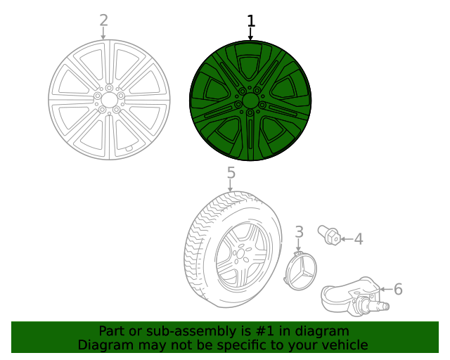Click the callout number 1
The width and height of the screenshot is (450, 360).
(251, 22)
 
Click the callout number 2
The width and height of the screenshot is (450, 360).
(103, 20)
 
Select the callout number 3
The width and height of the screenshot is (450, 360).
(299, 232)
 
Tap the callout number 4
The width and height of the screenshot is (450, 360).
(358, 239)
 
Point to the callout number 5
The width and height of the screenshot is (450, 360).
(231, 173)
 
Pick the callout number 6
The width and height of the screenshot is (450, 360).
(398, 289)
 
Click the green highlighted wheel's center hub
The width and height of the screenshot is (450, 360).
(250, 100)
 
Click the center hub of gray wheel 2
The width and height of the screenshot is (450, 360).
(109, 100)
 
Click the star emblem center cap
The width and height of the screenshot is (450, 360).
(300, 271)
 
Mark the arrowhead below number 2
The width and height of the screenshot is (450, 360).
(103, 37)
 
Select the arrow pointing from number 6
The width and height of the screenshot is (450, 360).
(385, 289)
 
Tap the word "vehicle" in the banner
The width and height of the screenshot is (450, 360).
(345, 345)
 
